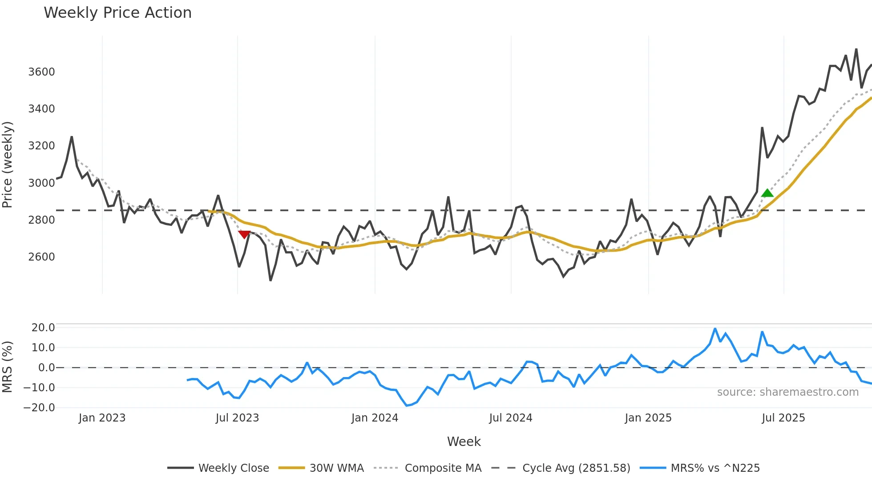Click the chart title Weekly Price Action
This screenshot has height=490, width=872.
(117, 13)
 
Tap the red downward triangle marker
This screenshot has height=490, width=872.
(244, 234)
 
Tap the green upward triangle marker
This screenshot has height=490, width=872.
(767, 193)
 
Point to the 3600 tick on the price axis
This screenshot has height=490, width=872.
(41, 72)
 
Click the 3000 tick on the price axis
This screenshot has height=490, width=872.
(41, 183)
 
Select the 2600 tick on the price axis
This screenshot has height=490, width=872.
(41, 257)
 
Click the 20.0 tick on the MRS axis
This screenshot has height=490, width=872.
(43, 328)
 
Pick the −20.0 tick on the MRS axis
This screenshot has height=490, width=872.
(40, 408)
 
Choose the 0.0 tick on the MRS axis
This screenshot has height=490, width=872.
(46, 368)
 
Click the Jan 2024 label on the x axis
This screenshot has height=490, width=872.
(375, 418)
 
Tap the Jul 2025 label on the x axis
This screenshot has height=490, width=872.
(783, 418)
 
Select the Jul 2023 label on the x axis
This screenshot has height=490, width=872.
(237, 418)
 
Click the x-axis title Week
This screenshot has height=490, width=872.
(464, 442)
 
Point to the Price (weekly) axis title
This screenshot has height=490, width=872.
(8, 165)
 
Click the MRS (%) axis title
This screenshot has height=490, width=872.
(8, 367)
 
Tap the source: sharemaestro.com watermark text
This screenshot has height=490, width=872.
(787, 392)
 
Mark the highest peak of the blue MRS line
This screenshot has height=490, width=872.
(715, 329)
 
